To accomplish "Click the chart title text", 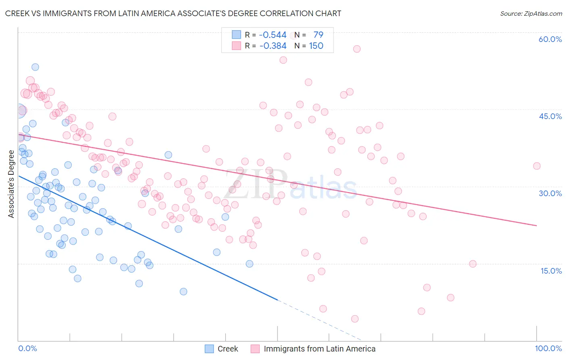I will [x=173, y=13].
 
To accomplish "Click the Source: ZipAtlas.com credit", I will [x=531, y=13].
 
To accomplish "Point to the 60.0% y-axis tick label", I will [x=550, y=39].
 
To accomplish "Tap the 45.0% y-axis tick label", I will [x=550, y=116].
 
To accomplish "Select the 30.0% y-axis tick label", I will [x=550, y=193].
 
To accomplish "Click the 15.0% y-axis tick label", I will [x=551, y=271].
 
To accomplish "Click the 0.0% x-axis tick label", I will [x=27, y=348].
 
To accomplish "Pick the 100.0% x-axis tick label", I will [x=548, y=348].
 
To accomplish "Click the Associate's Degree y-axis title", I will [x=11, y=184].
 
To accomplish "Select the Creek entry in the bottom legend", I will [x=228, y=349].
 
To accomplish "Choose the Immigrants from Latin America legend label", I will [x=319, y=349].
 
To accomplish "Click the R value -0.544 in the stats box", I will [x=273, y=35].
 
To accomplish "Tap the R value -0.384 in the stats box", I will [x=273, y=46].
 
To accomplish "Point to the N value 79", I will [x=318, y=35].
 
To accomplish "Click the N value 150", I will [x=316, y=46].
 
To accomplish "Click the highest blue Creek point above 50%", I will [x=35, y=67].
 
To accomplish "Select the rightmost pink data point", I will [x=536, y=166].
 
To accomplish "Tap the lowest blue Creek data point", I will [x=183, y=291].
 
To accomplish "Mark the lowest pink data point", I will [x=355, y=319].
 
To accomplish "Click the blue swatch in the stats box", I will [x=236, y=35].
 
